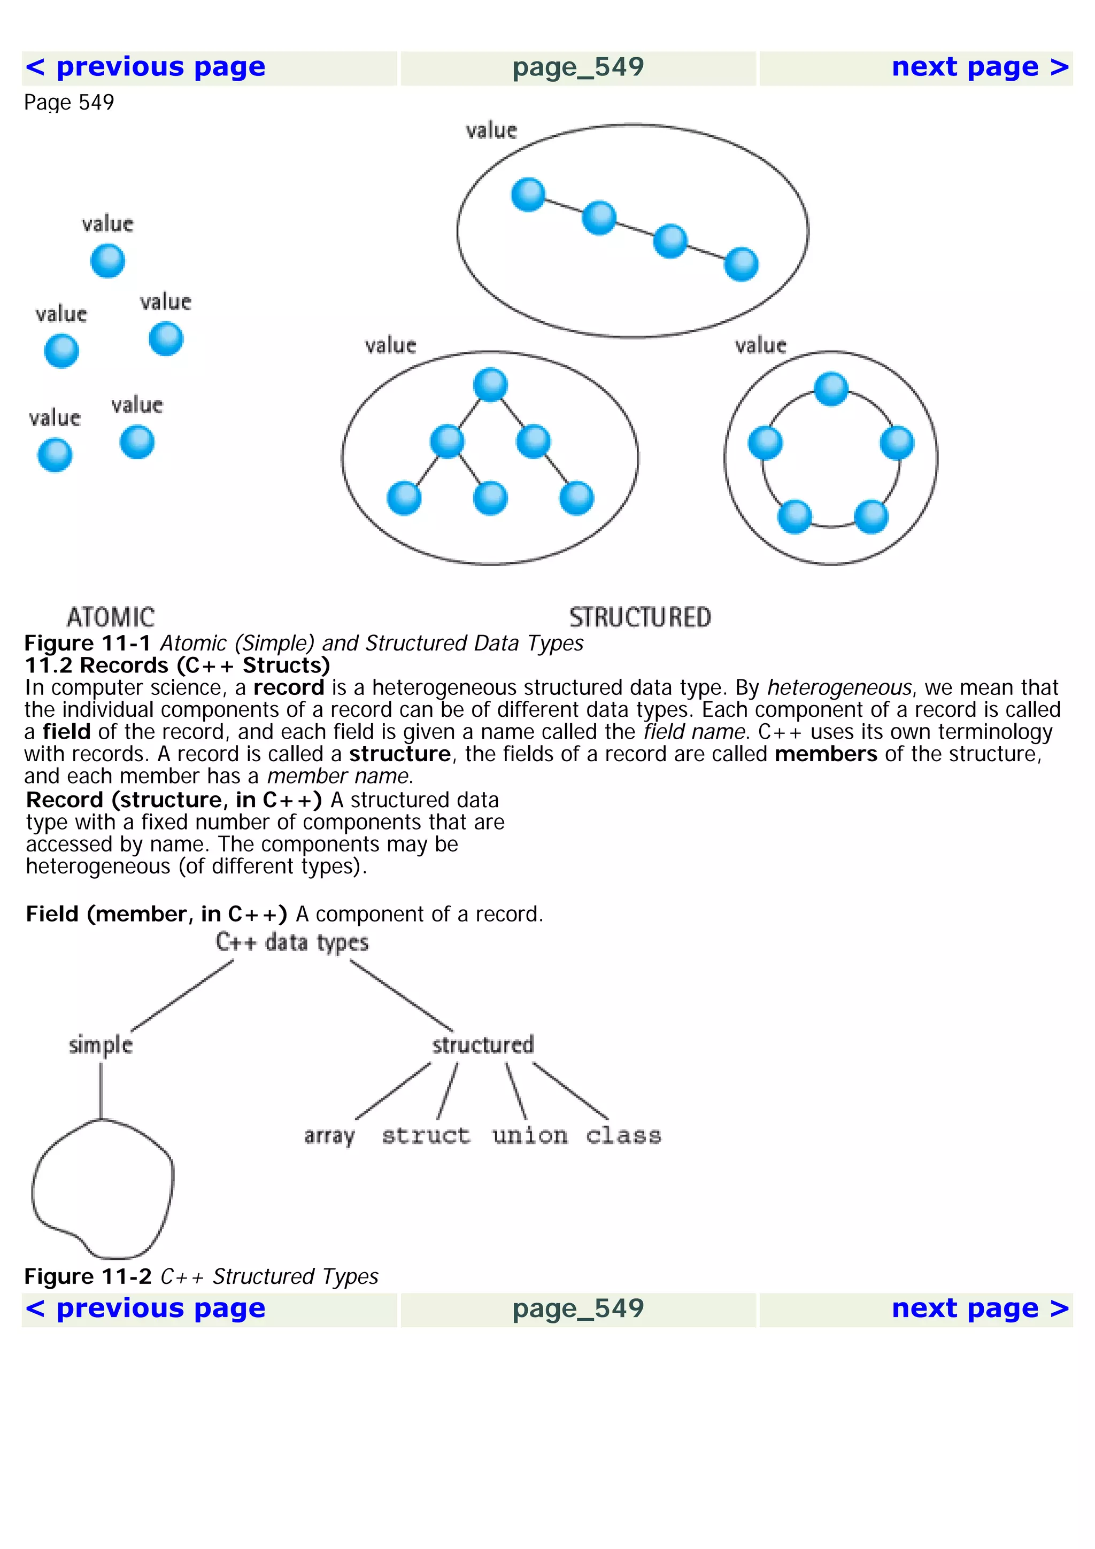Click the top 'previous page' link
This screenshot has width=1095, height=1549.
pyautogui.click(x=145, y=67)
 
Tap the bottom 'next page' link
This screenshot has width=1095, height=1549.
pyautogui.click(x=980, y=1310)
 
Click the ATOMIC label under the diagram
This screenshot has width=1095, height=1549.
pyautogui.click(x=111, y=617)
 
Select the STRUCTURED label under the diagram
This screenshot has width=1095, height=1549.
pyautogui.click(x=639, y=617)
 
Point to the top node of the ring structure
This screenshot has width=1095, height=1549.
pyautogui.click(x=830, y=389)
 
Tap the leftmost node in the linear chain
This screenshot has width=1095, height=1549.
pyautogui.click(x=528, y=195)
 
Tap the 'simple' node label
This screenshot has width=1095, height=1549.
pyautogui.click(x=101, y=1045)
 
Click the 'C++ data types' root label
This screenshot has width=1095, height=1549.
pyautogui.click(x=292, y=942)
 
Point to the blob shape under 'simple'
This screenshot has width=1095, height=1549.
pyautogui.click(x=103, y=1191)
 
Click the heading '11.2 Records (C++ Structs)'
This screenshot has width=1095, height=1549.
pyautogui.click(x=177, y=665)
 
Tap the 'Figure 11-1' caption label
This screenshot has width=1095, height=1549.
pyautogui.click(x=88, y=643)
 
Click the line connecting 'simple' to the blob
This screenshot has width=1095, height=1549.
pyautogui.click(x=101, y=1089)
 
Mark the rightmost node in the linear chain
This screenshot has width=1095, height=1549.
pyautogui.click(x=741, y=264)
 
